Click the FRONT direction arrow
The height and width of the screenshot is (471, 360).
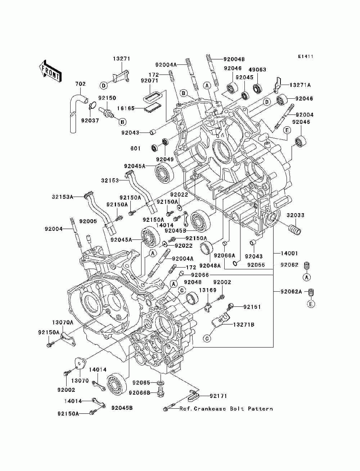click(50, 71)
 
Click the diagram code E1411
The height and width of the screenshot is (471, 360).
click(306, 57)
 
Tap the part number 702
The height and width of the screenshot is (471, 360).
click(80, 84)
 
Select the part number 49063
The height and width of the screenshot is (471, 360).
click(257, 70)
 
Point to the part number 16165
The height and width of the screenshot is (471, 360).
click(126, 108)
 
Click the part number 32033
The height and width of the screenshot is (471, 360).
click(296, 215)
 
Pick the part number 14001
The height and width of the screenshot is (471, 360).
click(289, 254)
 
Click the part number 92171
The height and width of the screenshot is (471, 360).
click(218, 396)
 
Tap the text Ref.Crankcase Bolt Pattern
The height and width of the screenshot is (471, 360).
click(226, 409)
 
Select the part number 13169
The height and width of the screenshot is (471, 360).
click(207, 290)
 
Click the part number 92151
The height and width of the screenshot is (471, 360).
click(252, 307)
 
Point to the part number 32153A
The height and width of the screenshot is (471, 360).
click(62, 197)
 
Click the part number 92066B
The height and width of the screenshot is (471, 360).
click(140, 392)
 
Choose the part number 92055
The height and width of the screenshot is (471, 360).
click(256, 265)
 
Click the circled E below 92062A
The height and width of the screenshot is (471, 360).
click(311, 304)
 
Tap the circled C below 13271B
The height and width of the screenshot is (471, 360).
click(207, 339)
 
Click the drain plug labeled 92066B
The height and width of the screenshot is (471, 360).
click(159, 392)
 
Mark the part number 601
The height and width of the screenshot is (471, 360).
click(135, 148)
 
